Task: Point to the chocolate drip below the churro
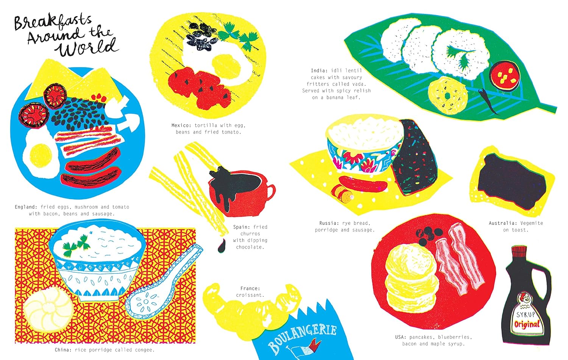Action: tap(222, 246)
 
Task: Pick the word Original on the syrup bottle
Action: tap(527, 324)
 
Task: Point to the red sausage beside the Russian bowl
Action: tap(363, 183)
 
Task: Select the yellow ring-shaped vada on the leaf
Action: tap(448, 95)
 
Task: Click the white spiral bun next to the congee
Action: tap(48, 308)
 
